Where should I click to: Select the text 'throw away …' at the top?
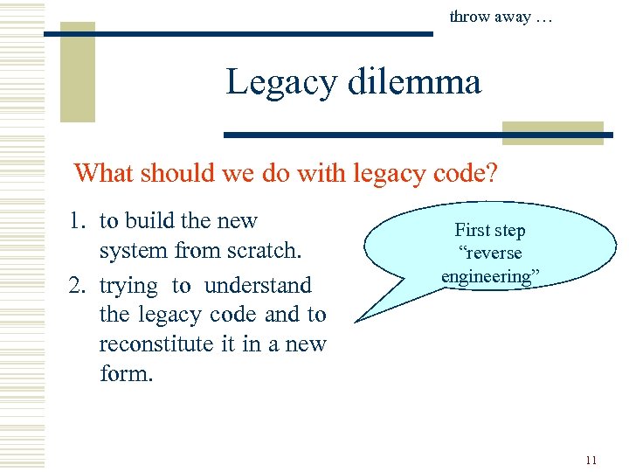(500, 16)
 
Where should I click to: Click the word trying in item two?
(128, 286)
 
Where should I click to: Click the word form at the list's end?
(126, 373)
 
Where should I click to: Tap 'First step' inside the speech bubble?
(489, 230)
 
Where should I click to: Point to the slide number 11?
(591, 460)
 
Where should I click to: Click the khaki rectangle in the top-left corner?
(77, 70)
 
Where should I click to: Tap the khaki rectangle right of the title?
(553, 132)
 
